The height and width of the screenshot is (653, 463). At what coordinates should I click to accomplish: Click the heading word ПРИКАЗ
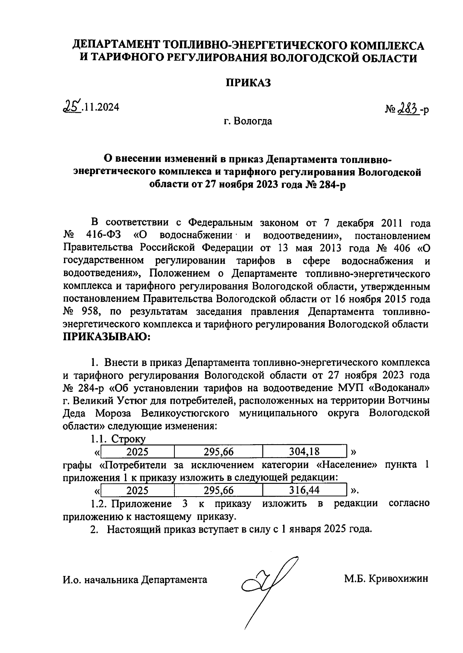[x=248, y=82]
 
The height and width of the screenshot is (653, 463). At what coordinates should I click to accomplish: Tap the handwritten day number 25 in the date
[x=72, y=106]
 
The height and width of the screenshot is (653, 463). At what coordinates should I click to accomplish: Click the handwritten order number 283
[x=407, y=110]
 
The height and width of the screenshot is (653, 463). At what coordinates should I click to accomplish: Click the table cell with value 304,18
[x=304, y=451]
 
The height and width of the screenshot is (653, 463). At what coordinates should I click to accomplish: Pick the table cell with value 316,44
[x=304, y=490]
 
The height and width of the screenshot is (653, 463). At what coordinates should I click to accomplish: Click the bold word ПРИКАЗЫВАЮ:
[x=106, y=337]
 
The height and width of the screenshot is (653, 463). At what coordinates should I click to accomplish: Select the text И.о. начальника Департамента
[x=135, y=579]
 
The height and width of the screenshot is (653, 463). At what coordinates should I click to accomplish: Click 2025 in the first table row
[x=137, y=451]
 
